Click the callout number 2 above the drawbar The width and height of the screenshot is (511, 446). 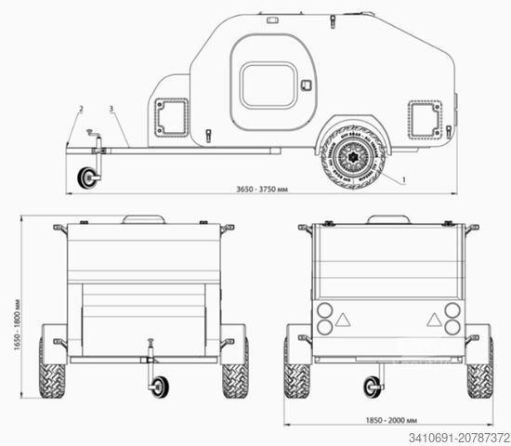point(81,109)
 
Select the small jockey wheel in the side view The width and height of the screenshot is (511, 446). point(88,177)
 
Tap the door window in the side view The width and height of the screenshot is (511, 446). point(268,85)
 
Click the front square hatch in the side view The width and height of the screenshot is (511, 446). point(171,117)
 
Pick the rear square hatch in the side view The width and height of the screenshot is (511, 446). point(424,118)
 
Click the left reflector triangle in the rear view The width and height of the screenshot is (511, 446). point(342,319)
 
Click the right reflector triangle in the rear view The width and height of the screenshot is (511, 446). point(433,319)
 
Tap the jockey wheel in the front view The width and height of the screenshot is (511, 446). point(159,386)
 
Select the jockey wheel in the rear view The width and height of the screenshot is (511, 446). point(373,386)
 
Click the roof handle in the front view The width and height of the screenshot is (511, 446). point(143,219)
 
